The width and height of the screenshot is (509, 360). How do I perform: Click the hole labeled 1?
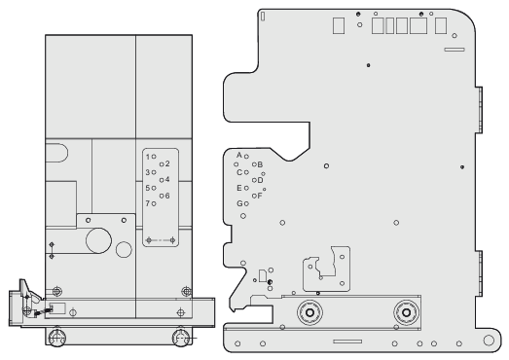point(154,157)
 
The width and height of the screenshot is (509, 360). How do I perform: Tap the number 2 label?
point(167,163)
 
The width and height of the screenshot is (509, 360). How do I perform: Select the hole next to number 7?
point(154,204)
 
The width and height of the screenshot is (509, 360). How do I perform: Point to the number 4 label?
point(167,179)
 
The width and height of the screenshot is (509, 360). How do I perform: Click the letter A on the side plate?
point(239,155)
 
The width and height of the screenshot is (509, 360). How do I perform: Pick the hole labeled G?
point(246,203)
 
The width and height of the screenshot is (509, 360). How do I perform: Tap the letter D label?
point(260,180)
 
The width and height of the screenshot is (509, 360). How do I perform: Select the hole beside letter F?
point(254,196)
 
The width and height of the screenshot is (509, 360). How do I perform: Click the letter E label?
point(239,188)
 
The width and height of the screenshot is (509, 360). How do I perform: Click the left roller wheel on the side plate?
point(309,312)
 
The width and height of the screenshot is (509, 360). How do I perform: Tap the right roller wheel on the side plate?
point(406,312)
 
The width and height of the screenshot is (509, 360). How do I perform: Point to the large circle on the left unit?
point(98,240)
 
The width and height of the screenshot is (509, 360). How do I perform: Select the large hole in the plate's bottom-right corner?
point(489,340)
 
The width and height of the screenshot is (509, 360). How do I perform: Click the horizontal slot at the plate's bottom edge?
point(347,342)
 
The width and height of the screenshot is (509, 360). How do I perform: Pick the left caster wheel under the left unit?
point(56,338)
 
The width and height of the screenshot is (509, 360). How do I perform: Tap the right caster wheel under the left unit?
point(181,338)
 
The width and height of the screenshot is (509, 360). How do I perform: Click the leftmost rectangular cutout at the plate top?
point(339,25)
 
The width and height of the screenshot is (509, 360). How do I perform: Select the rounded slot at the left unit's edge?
point(56,153)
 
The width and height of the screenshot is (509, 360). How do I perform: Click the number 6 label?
point(167,196)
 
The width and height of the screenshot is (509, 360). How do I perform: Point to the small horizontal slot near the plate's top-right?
point(454,50)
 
